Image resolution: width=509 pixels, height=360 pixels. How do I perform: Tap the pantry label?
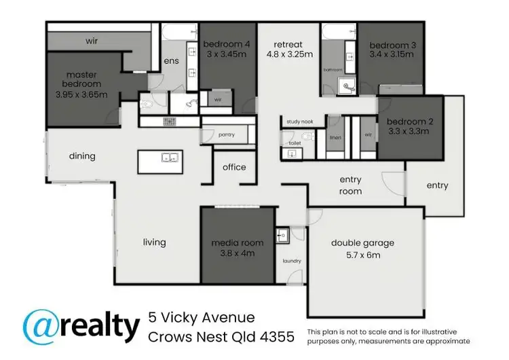pos(227,134)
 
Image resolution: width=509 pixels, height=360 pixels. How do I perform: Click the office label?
pos(234,167)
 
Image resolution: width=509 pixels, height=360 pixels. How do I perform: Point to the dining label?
pos(82,156)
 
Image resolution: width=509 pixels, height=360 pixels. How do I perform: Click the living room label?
pos(154,242)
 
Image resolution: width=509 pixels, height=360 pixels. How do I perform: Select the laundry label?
pos(292,261)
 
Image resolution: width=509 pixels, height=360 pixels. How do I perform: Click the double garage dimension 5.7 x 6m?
pos(362,255)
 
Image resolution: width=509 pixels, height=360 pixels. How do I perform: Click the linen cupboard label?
pos(335,138)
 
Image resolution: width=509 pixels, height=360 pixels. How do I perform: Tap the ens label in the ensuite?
pos(170,61)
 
